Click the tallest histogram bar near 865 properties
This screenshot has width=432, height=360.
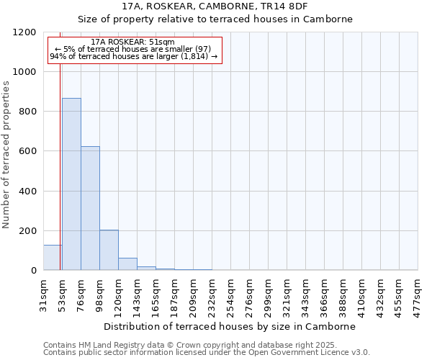click(x=71, y=184)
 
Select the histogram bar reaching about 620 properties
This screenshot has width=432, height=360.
click(x=90, y=209)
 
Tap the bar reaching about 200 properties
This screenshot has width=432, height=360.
click(x=109, y=250)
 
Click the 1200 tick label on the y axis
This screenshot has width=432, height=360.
click(x=24, y=32)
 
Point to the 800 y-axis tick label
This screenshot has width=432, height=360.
click(x=27, y=112)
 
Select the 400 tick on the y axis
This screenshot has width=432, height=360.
click(x=27, y=191)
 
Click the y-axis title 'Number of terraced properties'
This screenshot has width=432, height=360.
click(x=6, y=154)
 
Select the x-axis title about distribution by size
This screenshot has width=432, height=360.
click(x=230, y=326)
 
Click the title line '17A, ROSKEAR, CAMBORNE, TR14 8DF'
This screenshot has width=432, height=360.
click(x=215, y=6)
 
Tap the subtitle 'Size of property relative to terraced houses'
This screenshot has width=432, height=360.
click(x=215, y=19)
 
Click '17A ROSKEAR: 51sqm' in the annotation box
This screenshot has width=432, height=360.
click(x=134, y=42)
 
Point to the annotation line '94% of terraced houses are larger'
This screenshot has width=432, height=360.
click(x=134, y=56)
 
